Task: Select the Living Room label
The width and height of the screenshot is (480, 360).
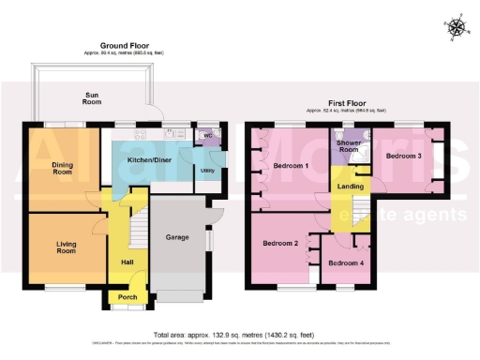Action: pyautogui.click(x=66, y=247)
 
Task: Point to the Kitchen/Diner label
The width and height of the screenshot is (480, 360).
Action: pyautogui.click(x=149, y=159)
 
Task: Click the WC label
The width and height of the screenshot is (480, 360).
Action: pyautogui.click(x=207, y=135)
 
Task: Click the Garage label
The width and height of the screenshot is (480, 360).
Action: pyautogui.click(x=178, y=237)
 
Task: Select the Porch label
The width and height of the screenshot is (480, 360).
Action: pyautogui.click(x=125, y=298)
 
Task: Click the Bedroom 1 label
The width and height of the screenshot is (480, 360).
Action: pyautogui.click(x=291, y=166)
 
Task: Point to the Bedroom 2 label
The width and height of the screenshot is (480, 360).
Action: pyautogui.click(x=280, y=244)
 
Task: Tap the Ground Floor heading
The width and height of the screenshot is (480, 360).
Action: pyautogui.click(x=125, y=44)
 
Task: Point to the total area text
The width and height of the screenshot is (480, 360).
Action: pyautogui.click(x=239, y=334)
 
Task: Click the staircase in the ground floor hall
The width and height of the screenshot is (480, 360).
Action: pyautogui.click(x=139, y=226)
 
